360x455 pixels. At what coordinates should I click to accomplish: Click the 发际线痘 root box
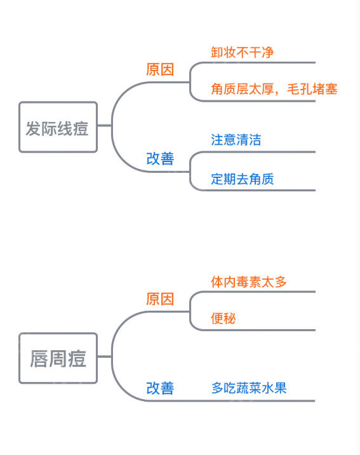tap(58, 127)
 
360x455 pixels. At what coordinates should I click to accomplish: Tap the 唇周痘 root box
tap(58, 358)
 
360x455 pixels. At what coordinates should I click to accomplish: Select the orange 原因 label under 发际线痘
tap(160, 70)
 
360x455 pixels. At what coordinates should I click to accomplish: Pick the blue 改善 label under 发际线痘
tap(160, 159)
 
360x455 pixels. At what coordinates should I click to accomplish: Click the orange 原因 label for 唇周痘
tap(160, 299)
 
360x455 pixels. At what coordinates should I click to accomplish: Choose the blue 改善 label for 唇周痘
tap(160, 388)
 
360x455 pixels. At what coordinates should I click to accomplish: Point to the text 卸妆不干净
tap(243, 51)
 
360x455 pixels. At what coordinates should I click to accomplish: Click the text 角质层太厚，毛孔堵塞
tap(274, 90)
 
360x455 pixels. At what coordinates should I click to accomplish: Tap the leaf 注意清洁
tap(236, 140)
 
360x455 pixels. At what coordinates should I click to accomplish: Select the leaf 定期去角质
tap(243, 179)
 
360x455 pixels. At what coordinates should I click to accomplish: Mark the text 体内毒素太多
tap(249, 281)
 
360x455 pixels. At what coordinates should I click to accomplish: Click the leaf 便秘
tap(223, 318)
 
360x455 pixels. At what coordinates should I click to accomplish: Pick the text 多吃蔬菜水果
tap(249, 388)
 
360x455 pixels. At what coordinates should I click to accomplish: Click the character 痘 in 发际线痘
tap(81, 128)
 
